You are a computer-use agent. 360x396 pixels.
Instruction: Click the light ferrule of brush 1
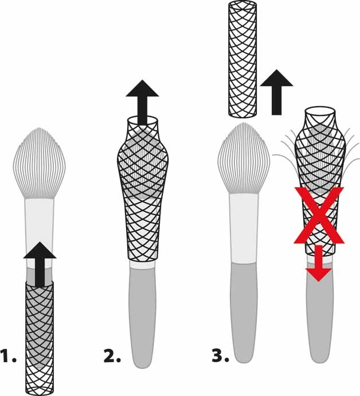click(x=40, y=221)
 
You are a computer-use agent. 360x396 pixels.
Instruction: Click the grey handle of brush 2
click(x=142, y=321)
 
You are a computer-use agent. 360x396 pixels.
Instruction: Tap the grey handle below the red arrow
click(x=319, y=321)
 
